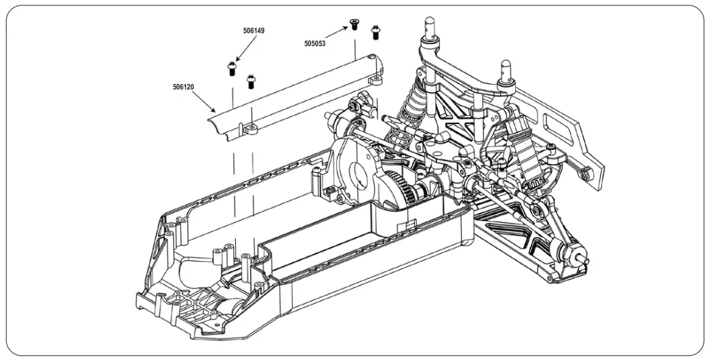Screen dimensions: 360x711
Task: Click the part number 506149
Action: click(253, 31)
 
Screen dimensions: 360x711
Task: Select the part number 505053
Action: click(314, 43)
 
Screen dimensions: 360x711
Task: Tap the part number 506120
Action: click(183, 87)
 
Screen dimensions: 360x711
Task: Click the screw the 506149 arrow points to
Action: click(231, 67)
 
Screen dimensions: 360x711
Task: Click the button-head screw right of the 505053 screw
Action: click(375, 31)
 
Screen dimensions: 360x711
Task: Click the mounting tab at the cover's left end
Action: click(251, 127)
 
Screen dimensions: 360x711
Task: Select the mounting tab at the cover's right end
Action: click(373, 80)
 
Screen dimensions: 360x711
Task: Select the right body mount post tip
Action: click(505, 66)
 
